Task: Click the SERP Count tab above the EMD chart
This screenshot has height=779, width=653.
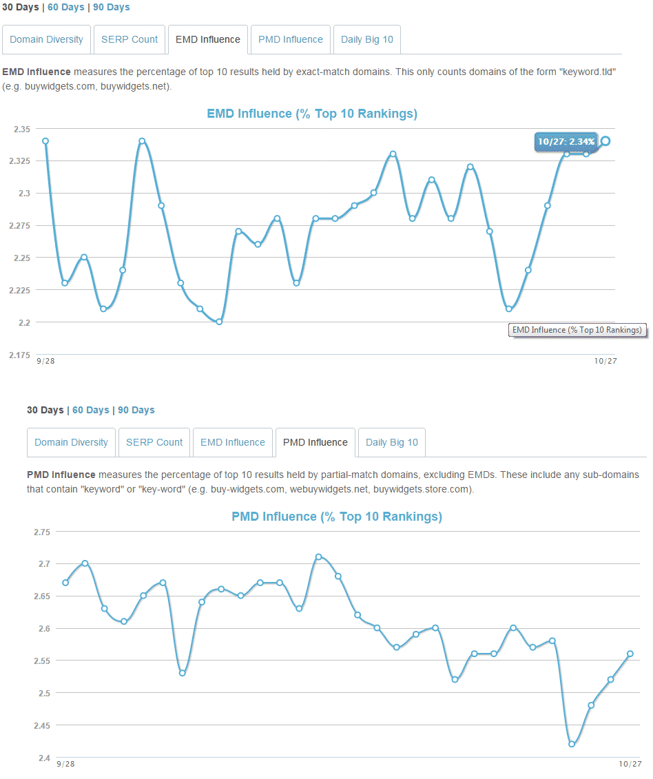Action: [x=129, y=39]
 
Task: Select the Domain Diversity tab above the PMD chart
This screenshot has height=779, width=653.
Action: [x=71, y=442]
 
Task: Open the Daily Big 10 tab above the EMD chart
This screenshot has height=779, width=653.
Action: [x=367, y=39]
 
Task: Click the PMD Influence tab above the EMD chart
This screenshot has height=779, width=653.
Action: [x=291, y=39]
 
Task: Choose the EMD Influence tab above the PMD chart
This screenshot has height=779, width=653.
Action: [x=233, y=442]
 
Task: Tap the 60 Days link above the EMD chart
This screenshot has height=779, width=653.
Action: [x=66, y=7]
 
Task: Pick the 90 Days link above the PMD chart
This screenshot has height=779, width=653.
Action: [x=136, y=410]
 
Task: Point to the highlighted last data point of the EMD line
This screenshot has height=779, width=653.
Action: [x=605, y=141]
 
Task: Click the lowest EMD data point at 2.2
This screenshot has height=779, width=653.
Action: [x=219, y=322]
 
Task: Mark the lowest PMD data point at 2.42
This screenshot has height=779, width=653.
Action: [x=572, y=744]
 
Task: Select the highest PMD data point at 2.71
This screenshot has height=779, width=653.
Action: [x=318, y=557]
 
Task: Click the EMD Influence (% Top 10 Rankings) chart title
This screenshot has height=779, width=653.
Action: [x=312, y=114]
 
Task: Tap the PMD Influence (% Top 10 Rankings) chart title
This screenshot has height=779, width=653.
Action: [x=337, y=517]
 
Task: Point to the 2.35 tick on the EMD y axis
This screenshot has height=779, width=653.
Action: [x=21, y=129]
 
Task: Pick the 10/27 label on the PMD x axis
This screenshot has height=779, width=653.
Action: [x=630, y=764]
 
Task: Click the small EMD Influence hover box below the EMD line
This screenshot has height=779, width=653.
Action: [x=577, y=330]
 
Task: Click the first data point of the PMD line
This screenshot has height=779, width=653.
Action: [x=65, y=583]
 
